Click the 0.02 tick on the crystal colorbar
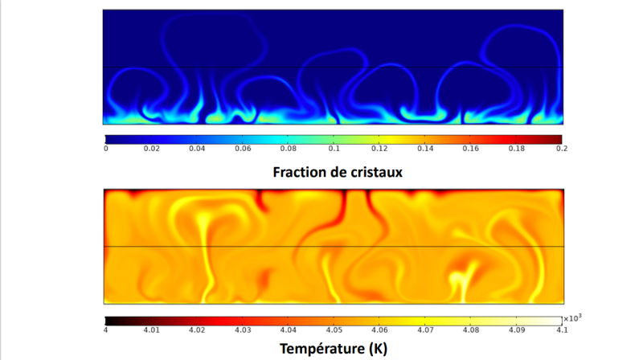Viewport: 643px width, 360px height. [151, 149]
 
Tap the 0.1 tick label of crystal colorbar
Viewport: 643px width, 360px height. [334, 149]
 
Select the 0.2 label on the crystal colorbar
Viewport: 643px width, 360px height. [562, 149]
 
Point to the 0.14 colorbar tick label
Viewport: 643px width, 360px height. [425, 149]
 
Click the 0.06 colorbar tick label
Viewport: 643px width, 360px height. [243, 149]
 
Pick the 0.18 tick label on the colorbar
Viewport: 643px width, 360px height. [516, 149]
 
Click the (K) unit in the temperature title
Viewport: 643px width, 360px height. [378, 349]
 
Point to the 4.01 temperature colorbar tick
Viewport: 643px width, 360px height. [151, 330]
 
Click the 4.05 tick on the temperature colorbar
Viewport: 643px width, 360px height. [334, 330]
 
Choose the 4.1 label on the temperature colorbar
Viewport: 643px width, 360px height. [562, 330]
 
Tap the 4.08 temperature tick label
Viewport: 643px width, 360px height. [471, 330]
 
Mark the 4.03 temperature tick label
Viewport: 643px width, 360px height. [243, 330]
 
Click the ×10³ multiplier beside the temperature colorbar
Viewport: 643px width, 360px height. [572, 318]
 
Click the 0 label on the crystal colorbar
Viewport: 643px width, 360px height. [106, 149]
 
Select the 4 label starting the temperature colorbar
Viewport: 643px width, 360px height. [106, 330]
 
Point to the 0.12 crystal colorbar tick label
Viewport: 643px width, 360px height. [379, 149]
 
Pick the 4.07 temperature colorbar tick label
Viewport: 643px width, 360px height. [425, 330]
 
